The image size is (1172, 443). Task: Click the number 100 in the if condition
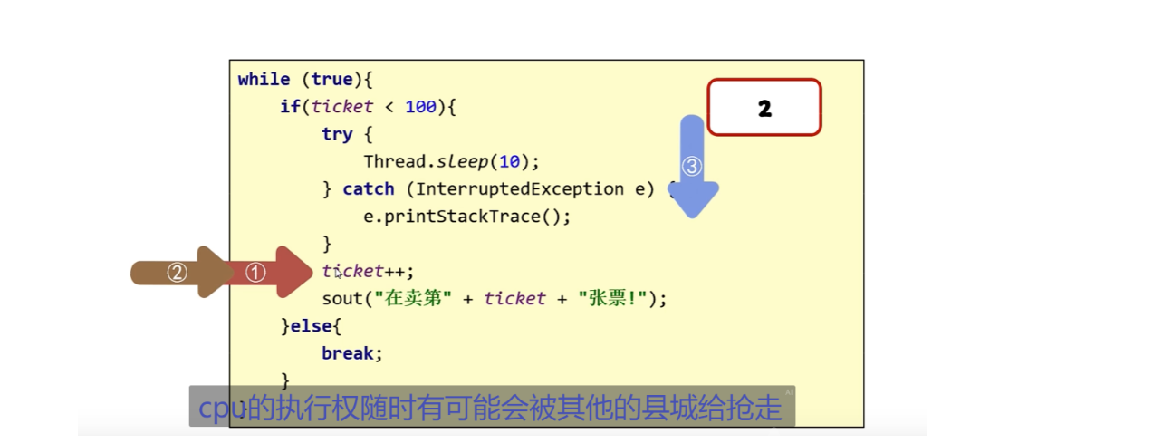click(420, 107)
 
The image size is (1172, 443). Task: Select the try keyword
click(336, 134)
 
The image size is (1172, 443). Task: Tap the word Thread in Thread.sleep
click(394, 162)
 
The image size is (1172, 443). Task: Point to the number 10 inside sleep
click(509, 162)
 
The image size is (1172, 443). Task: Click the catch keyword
click(369, 189)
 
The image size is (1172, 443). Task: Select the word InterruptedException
click(519, 189)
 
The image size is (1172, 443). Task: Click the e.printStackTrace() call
click(466, 217)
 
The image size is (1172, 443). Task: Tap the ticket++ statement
click(368, 271)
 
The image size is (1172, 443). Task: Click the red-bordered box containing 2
click(764, 108)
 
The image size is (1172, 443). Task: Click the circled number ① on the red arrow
click(256, 272)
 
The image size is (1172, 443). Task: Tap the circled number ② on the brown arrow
click(178, 272)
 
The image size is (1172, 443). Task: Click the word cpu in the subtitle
click(222, 408)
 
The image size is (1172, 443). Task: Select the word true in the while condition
click(331, 80)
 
